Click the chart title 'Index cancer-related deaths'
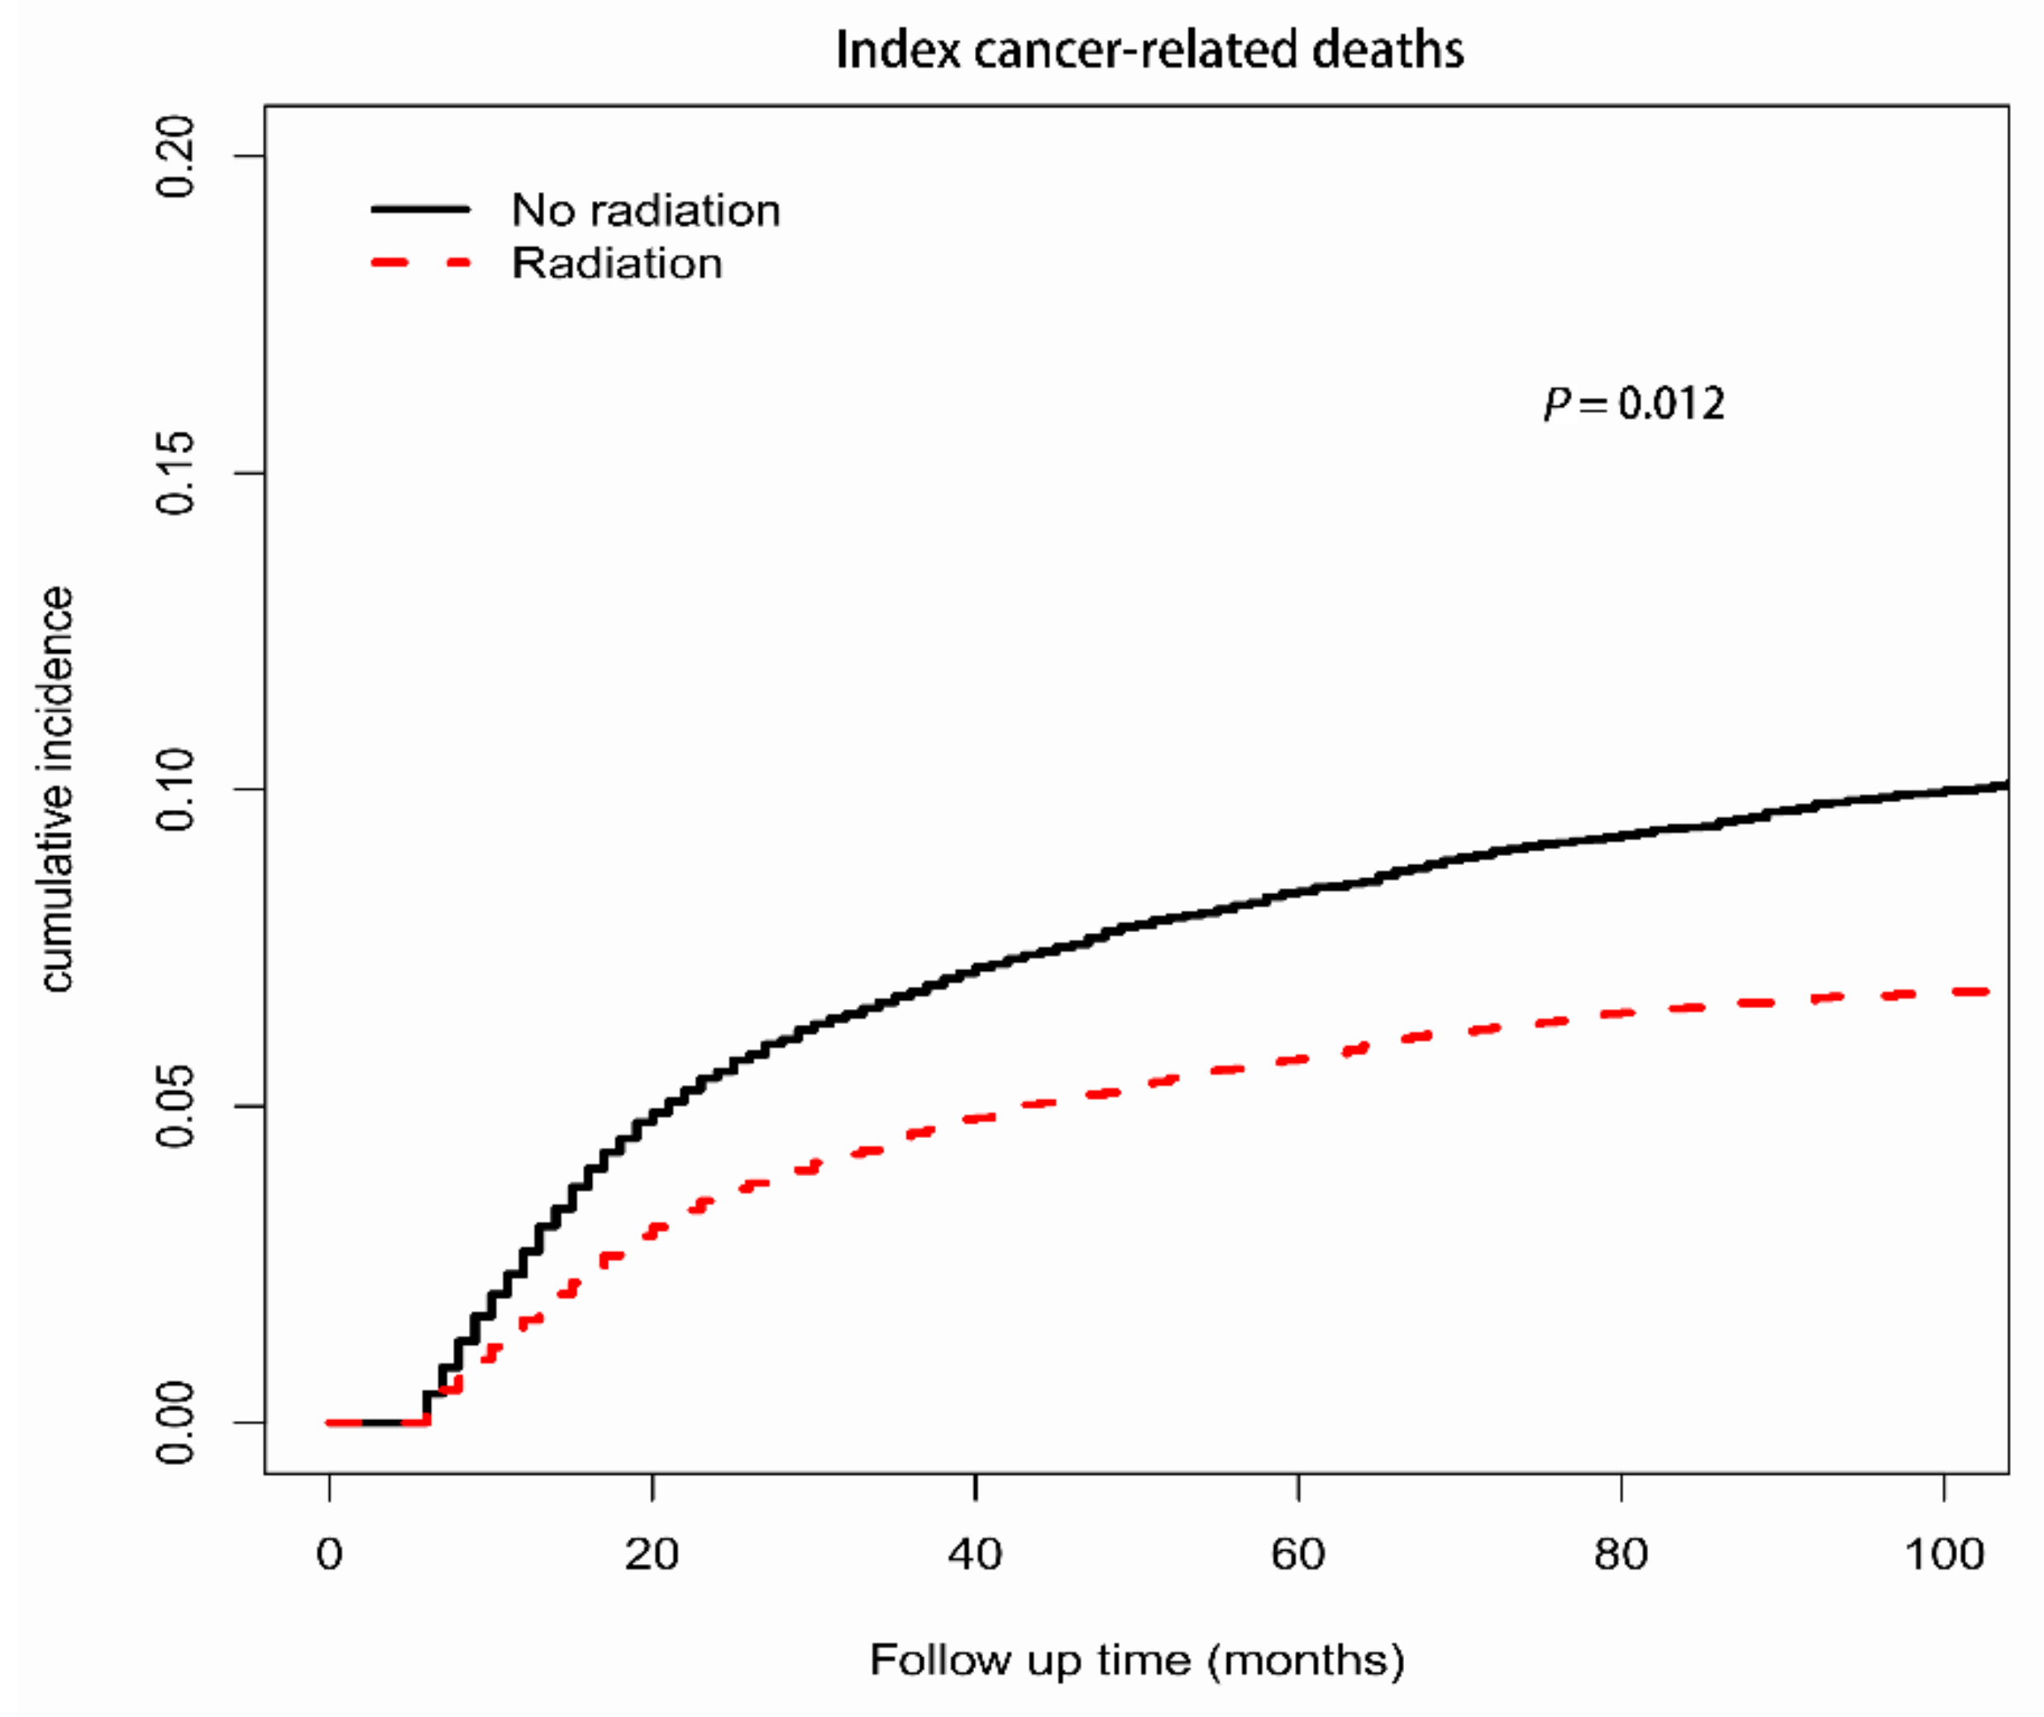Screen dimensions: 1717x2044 [x=1149, y=50]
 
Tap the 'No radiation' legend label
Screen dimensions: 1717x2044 [x=645, y=210]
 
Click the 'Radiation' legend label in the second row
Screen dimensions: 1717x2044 [x=617, y=264]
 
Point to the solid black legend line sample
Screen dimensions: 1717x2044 [x=421, y=209]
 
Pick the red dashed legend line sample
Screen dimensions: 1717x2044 [x=421, y=263]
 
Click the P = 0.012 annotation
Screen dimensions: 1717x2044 [x=1634, y=404]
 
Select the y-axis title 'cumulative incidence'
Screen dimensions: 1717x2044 [x=56, y=789]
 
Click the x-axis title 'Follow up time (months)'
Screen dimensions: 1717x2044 [x=1137, y=1660]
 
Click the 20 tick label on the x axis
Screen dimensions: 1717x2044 [x=652, y=1554]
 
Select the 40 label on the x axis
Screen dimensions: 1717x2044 [x=975, y=1554]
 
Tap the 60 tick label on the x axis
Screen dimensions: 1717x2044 [x=1298, y=1554]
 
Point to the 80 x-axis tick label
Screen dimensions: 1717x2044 [x=1621, y=1554]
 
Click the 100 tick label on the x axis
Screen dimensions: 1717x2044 [x=1944, y=1554]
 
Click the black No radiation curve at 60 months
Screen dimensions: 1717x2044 [x=1298, y=892]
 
